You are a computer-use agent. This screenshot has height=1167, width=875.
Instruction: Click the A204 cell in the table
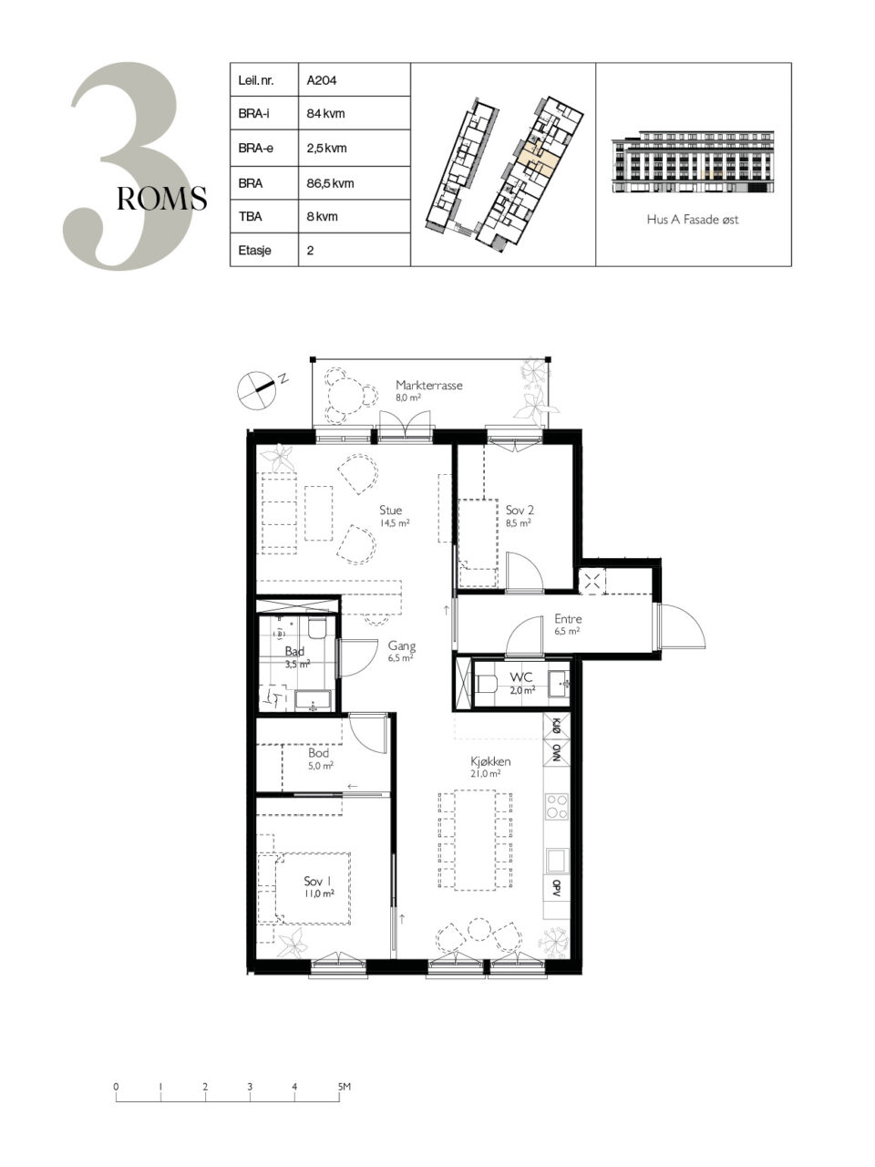pos(355,79)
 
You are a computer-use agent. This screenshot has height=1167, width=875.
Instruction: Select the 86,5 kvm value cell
pos(355,183)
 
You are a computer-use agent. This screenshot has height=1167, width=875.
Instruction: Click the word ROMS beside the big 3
pos(161,199)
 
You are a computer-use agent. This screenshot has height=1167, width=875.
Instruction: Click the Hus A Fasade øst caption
pos(692,219)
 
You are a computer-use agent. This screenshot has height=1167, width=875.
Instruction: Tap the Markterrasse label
pos(428,385)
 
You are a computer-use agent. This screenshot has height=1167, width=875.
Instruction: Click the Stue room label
pos(390,510)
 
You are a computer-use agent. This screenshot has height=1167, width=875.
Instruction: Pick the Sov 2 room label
pos(520,510)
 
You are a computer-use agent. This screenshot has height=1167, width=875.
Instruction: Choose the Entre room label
pos(568,618)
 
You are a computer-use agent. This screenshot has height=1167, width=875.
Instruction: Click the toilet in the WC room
pos(486,684)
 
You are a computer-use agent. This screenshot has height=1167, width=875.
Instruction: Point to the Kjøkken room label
pos(490,760)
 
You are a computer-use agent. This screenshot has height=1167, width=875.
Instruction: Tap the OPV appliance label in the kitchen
pos(557,886)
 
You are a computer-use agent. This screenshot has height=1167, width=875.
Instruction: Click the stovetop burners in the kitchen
pos(557,806)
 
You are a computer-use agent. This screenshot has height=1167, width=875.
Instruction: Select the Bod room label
pos(318,752)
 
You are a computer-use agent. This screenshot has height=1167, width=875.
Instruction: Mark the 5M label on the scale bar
pos(345,1086)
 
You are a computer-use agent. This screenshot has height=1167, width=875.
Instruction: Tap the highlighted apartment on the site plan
pos(537,153)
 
